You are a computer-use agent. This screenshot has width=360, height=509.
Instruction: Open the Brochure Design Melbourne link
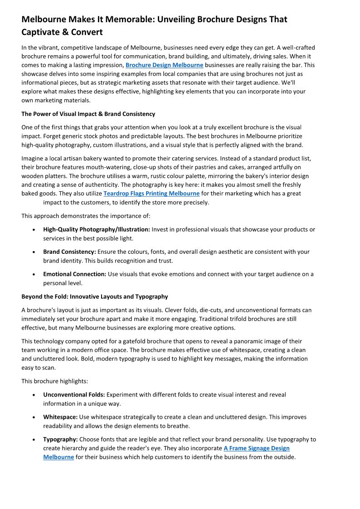coord(164,65)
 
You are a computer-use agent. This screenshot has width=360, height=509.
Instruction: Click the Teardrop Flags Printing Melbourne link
coord(151,194)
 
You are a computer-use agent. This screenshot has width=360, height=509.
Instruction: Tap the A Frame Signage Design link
coord(257,448)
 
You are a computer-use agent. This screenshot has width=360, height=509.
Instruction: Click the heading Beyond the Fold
coord(94,296)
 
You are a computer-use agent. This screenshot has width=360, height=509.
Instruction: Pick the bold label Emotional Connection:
coord(75,274)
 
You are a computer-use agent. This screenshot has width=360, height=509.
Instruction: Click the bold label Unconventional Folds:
coord(74,395)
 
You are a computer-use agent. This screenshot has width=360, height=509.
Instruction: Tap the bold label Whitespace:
coord(60,417)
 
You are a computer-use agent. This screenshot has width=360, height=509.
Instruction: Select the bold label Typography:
coord(60,439)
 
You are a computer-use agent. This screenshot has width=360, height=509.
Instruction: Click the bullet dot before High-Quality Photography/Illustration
coord(34,230)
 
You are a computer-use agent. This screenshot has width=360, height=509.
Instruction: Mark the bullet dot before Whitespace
coord(34,417)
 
